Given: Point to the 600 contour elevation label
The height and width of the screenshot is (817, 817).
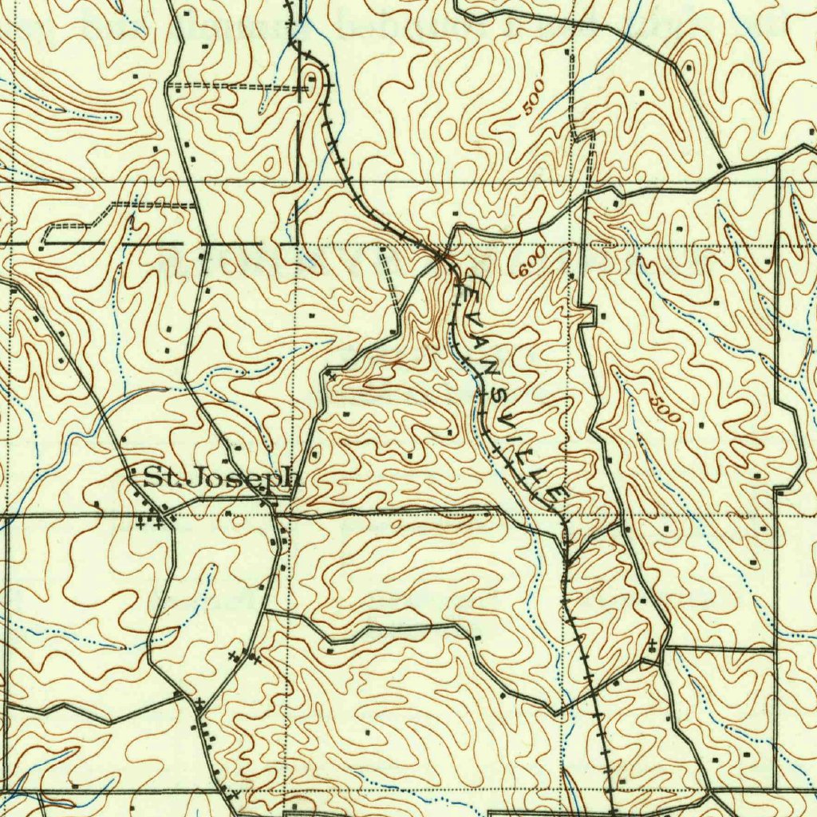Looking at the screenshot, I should pos(531,262).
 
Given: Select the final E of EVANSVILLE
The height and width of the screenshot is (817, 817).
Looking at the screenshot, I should pos(551,496).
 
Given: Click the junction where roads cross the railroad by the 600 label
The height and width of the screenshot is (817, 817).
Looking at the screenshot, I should pos(441,256).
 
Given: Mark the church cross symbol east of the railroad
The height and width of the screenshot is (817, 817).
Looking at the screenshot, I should pos(653,643).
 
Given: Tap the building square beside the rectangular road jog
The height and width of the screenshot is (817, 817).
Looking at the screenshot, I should pos(603,317).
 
